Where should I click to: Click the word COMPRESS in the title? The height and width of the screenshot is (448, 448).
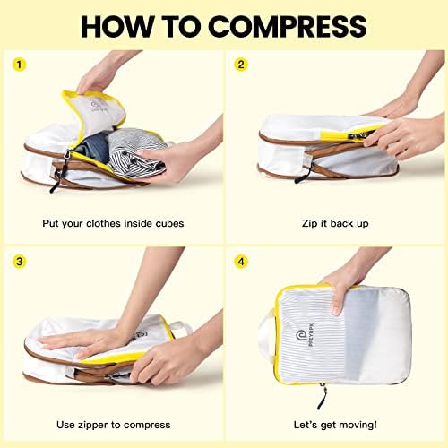(287, 26)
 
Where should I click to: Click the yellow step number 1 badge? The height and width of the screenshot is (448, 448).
(20, 65)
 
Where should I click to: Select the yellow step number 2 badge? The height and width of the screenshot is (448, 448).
(241, 65)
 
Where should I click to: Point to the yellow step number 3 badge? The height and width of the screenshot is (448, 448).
(20, 262)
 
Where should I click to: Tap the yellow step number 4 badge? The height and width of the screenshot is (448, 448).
(241, 262)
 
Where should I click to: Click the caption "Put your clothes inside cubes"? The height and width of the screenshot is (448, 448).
(113, 223)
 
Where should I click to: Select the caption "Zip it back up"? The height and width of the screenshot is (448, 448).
(335, 223)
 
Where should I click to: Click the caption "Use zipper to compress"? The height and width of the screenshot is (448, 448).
(114, 425)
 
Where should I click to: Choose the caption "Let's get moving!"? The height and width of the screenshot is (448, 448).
(335, 425)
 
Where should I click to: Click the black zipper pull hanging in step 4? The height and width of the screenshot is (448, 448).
(323, 397)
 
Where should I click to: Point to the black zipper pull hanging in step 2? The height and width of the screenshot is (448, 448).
(303, 175)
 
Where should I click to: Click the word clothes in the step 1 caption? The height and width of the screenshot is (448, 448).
(103, 223)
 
